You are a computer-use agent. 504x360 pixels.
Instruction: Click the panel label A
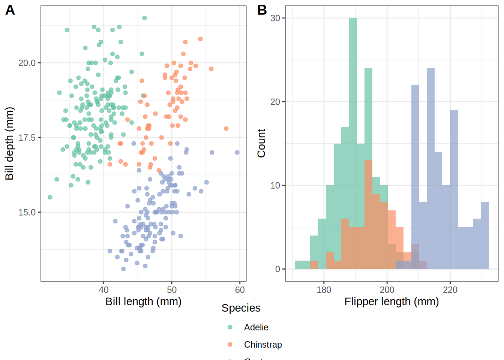tap(10, 10)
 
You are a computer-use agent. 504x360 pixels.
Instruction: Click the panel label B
tap(262, 10)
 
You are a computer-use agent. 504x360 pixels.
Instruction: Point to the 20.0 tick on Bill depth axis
tap(27, 63)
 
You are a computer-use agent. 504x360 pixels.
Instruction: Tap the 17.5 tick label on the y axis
tap(27, 138)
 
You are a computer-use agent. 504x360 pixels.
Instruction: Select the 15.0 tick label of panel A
tap(27, 212)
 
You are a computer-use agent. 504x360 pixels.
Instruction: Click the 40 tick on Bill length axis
tap(103, 290)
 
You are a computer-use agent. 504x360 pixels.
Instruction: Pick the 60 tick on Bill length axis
tap(240, 290)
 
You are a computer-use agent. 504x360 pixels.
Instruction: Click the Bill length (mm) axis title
tap(143, 301)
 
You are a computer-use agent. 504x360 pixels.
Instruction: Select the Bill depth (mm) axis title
tap(9, 144)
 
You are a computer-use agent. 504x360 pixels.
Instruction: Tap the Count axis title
tap(261, 143)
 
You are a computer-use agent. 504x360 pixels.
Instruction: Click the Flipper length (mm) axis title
tap(391, 301)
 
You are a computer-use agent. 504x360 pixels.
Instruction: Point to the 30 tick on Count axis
tap(275, 18)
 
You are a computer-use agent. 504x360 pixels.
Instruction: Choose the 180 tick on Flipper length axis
tap(324, 290)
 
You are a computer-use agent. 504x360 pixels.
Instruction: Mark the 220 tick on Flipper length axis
tap(450, 290)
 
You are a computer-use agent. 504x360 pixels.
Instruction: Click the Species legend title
tap(241, 308)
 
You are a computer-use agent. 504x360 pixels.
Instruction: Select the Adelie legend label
tap(256, 327)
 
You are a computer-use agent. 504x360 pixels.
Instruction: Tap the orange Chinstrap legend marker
tap(230, 344)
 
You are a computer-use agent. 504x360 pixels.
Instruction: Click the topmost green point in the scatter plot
tap(144, 18)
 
